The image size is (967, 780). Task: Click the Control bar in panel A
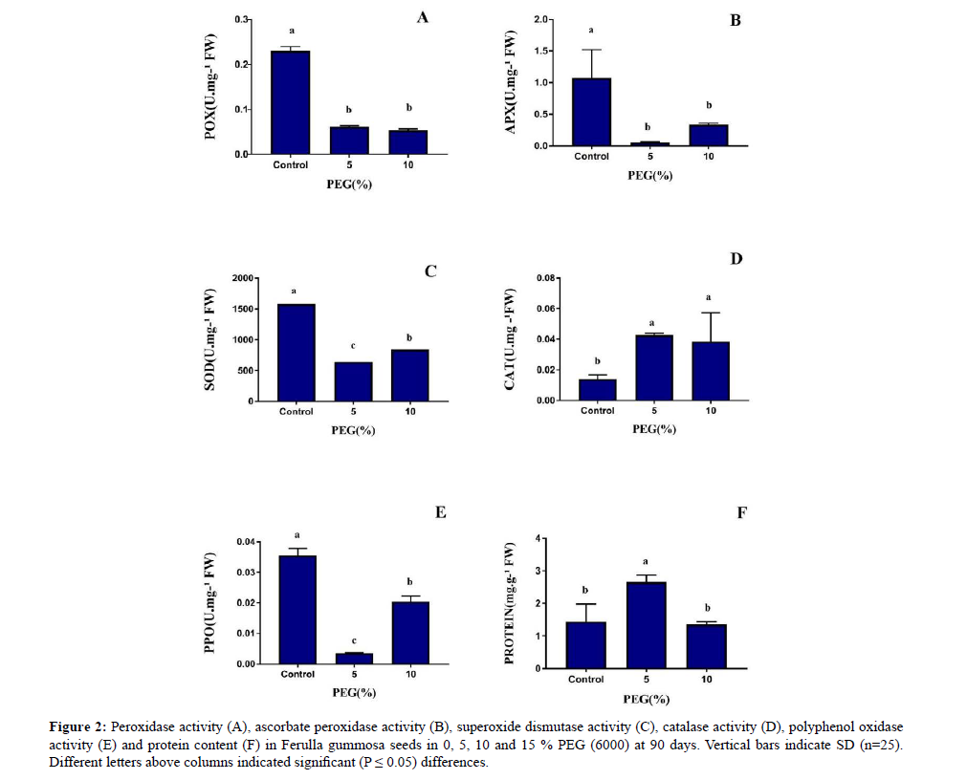pos(291,102)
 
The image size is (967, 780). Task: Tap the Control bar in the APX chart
pos(592,112)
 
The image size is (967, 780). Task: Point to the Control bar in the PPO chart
pos(297,609)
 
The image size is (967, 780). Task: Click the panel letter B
pos(735,20)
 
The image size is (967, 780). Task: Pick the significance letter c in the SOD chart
pos(354,348)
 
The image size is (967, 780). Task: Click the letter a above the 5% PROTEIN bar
pos(647,562)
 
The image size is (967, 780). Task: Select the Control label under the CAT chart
pos(598,411)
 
